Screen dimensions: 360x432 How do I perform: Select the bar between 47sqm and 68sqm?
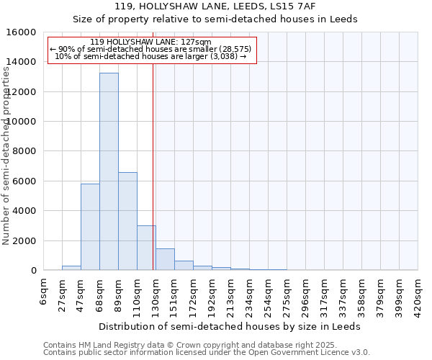(90, 227)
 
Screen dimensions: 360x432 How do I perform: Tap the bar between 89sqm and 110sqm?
(127, 221)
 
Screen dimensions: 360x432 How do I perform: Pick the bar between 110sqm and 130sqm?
(146, 248)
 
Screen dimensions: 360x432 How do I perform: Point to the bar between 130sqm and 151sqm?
(165, 259)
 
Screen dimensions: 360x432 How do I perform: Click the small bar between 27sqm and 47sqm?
(71, 268)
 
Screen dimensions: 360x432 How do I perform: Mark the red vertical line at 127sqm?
(153, 180)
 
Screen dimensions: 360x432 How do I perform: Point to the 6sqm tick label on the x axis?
(44, 293)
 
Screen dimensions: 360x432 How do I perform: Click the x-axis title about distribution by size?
(230, 326)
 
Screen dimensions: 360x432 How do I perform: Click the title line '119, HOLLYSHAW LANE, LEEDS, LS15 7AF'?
(215, 6)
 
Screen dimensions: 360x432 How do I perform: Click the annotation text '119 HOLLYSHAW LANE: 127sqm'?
(152, 42)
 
